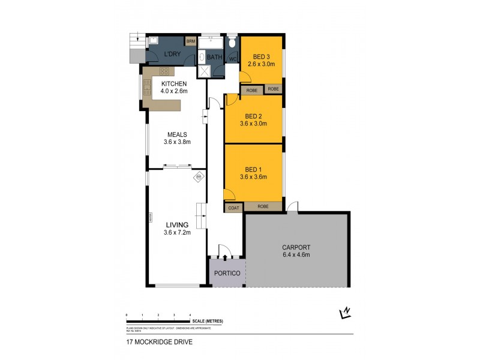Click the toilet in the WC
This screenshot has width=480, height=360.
[233, 43]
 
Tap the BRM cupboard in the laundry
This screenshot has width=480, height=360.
[191, 41]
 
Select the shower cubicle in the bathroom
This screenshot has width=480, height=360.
[205, 71]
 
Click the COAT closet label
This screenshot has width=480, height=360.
[233, 208]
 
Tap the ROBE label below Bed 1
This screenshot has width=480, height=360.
[263, 207]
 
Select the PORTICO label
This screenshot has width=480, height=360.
[227, 274]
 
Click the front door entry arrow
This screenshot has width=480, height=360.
[226, 257]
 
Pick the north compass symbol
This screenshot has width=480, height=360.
[344, 312]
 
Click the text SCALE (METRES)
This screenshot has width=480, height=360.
[207, 322]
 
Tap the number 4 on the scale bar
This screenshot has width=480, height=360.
[190, 315]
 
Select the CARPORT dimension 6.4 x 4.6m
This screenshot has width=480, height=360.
[296, 255]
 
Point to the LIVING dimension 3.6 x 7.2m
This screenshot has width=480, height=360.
[176, 233]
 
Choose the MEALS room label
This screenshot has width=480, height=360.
[177, 134]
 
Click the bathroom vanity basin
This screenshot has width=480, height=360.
[203, 58]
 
